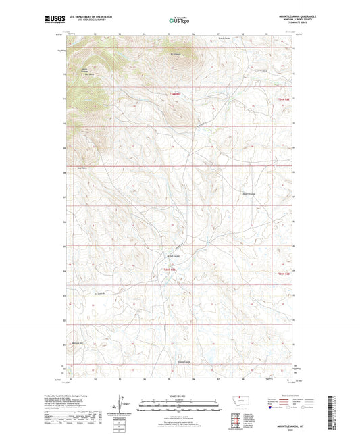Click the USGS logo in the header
click(x=51, y=20)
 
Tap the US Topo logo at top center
click(x=178, y=20)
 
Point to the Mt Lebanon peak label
click(x=177, y=53)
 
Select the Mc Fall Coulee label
click(x=174, y=256)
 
